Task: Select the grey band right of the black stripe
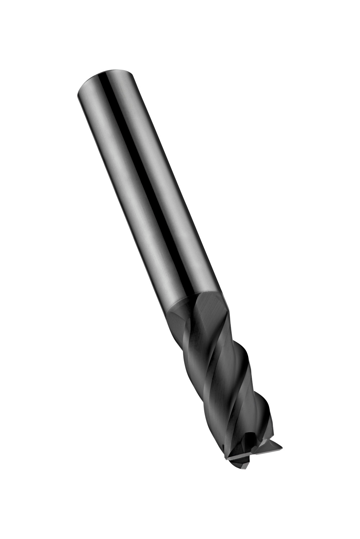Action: pos(169,180)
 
